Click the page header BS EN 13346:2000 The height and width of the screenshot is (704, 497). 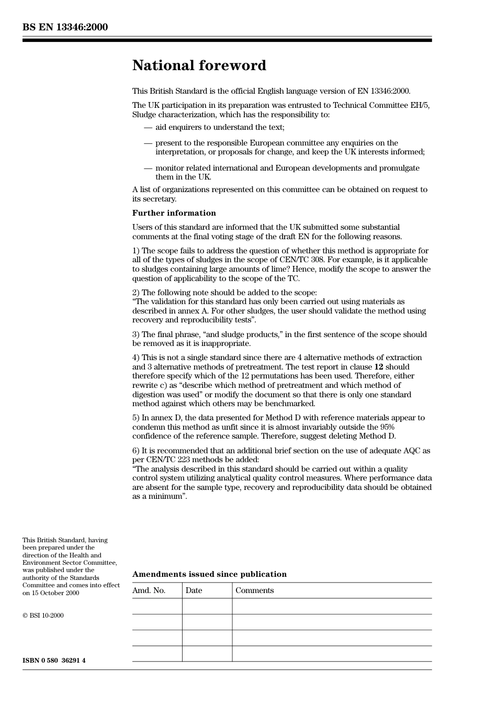click(x=65, y=27)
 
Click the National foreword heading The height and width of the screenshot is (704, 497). click(x=199, y=65)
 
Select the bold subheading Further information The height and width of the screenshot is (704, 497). click(x=174, y=213)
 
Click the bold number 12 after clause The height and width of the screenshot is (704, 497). click(x=378, y=367)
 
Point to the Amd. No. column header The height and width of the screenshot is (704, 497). click(x=149, y=590)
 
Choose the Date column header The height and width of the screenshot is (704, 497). click(x=194, y=590)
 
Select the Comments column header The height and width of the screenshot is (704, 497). click(x=254, y=590)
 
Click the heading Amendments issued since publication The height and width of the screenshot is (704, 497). click(x=209, y=574)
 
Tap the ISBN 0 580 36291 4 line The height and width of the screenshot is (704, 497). click(x=54, y=661)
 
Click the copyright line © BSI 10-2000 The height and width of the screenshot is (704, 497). click(x=43, y=616)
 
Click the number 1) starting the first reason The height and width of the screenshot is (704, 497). click(x=136, y=251)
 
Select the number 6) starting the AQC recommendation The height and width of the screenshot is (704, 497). click(x=136, y=451)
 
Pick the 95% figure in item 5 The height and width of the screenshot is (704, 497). click(x=387, y=427)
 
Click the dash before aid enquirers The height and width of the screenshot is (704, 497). click(x=148, y=127)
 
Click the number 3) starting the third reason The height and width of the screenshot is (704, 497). click(x=136, y=334)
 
